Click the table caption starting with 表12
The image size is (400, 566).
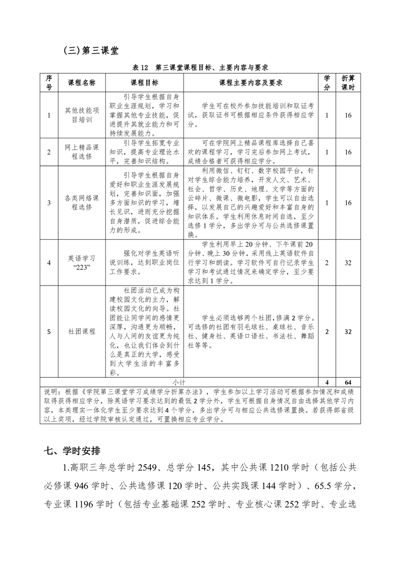[200, 67]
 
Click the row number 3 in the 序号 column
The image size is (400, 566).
[49, 203]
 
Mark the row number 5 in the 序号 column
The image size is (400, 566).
[49, 332]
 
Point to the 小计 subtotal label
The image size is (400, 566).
[179, 382]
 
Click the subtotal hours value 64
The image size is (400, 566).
[348, 382]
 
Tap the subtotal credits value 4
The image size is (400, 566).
[327, 382]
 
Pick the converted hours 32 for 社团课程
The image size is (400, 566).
[348, 332]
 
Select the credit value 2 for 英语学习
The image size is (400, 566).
[327, 263]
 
